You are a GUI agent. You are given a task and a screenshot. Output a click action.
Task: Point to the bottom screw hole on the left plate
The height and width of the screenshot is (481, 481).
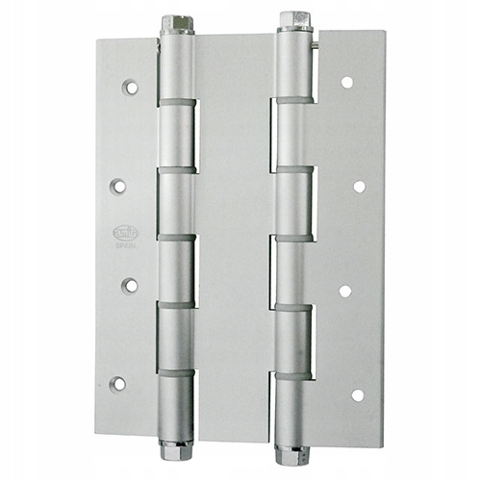click(118, 384)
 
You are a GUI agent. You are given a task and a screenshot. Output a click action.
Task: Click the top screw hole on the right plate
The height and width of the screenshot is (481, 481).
click(346, 83)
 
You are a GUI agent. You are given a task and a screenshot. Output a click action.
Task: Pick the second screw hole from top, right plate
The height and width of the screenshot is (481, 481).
click(359, 187)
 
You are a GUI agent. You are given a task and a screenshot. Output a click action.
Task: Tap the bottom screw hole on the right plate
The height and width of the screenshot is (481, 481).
click(358, 394)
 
